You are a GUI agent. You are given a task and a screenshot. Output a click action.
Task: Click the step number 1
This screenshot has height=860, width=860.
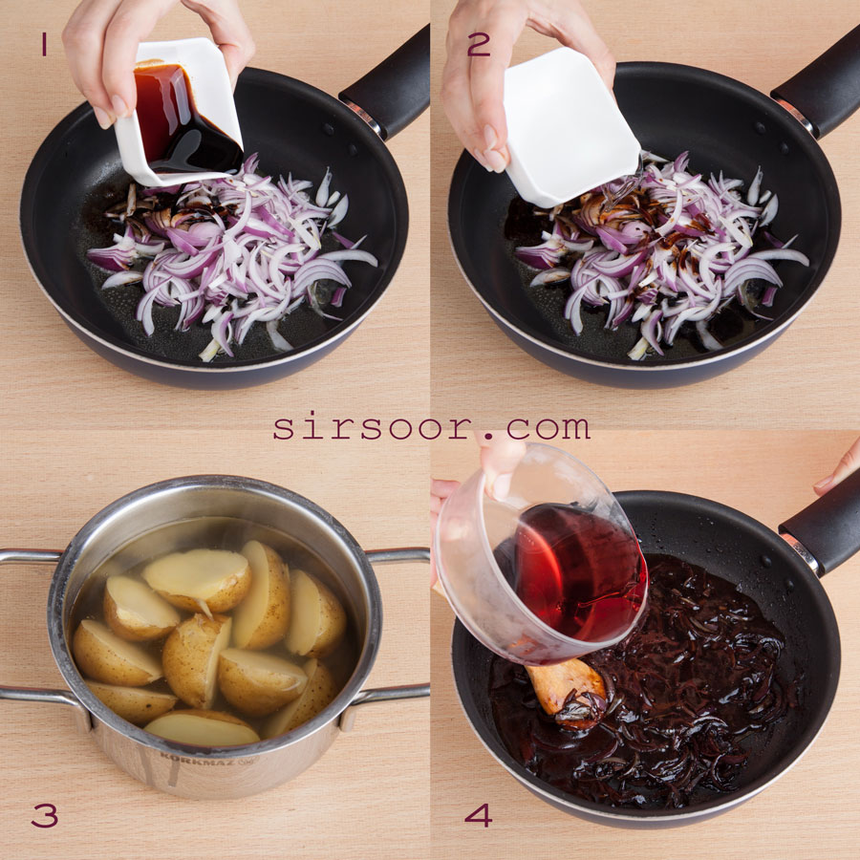coord(44,44)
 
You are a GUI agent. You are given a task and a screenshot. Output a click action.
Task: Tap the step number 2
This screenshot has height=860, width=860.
coord(479,44)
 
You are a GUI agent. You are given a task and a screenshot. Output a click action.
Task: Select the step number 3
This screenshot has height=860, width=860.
coord(44,816)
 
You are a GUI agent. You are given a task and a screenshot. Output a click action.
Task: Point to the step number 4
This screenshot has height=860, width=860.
coord(478,815)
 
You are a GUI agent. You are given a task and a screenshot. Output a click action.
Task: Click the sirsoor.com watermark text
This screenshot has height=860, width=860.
coord(431,427)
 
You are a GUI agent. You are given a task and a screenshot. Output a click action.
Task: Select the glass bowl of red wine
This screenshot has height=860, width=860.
coord(540,554)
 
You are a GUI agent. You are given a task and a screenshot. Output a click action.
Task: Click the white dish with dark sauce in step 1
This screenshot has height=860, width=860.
coord(180,113)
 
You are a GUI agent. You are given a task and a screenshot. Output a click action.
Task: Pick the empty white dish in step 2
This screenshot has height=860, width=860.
coord(570,127)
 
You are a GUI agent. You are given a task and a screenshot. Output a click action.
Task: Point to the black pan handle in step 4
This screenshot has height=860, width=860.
coord(821,527)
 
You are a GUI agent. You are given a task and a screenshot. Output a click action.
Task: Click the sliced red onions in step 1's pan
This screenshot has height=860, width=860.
coord(230,258)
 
